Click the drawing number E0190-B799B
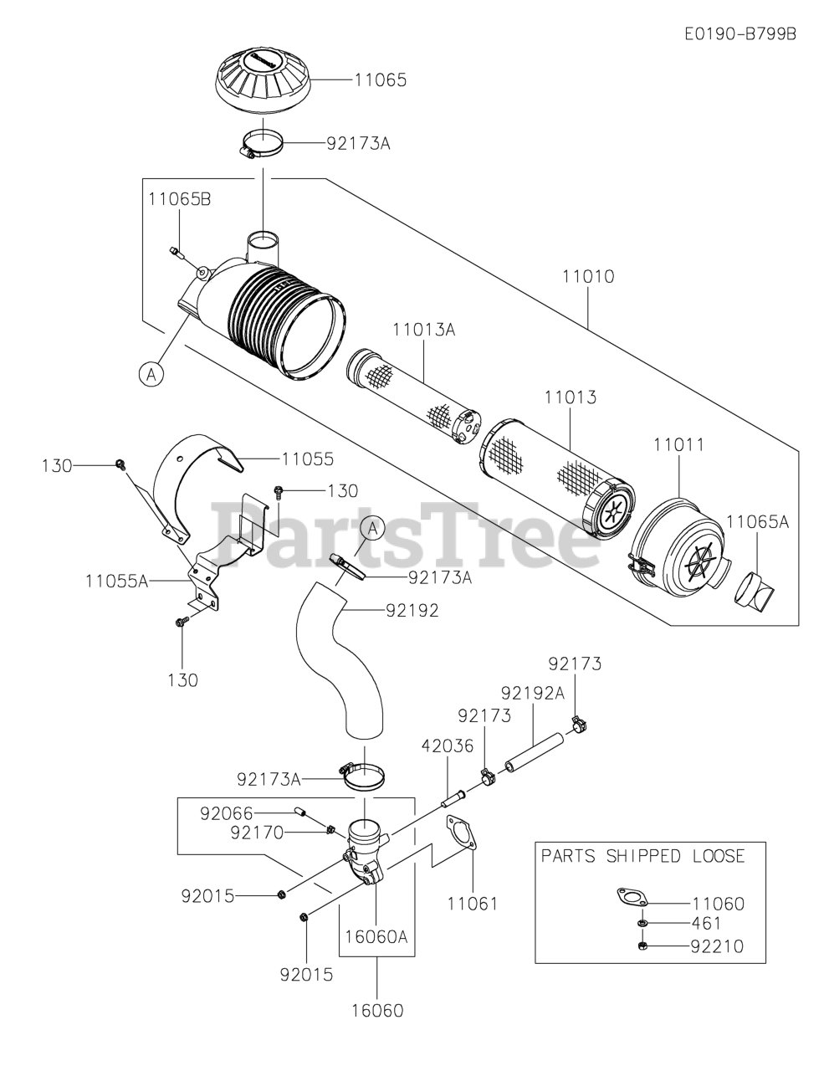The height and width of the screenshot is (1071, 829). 739,33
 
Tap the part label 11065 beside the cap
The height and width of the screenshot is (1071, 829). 381,79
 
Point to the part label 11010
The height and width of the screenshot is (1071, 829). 589,276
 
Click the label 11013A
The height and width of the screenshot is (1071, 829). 423,330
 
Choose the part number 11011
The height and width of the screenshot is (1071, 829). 678,445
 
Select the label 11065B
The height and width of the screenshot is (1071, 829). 179,199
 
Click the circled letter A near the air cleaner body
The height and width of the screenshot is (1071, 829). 151,375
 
